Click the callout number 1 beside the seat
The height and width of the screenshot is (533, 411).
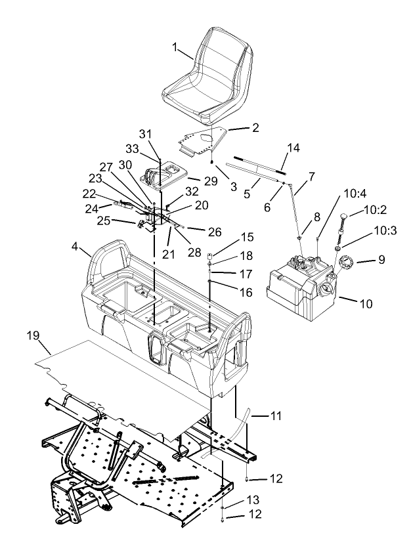tap(175, 48)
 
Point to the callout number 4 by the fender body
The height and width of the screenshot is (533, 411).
tap(76, 247)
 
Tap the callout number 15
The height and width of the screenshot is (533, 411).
tap(247, 236)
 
